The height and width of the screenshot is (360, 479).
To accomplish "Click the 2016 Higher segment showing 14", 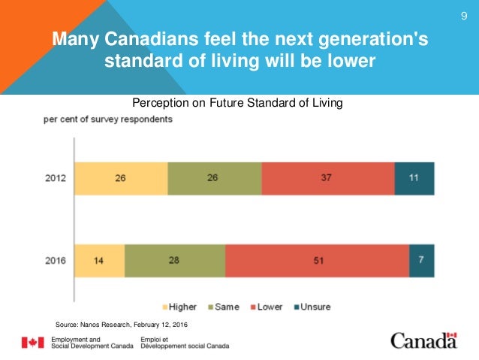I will click(x=99, y=262).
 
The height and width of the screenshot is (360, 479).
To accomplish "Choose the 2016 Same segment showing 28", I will click(x=175, y=262).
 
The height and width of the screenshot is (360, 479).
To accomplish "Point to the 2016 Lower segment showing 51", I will click(x=317, y=262).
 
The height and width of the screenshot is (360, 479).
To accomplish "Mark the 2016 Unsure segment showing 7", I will click(x=421, y=262).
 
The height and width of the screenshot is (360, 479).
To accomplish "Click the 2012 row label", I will click(x=56, y=180).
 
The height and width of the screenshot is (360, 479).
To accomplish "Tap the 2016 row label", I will click(x=56, y=262).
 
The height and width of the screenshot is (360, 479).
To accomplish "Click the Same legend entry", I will click(x=226, y=307).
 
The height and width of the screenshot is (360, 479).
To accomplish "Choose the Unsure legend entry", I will click(x=312, y=307).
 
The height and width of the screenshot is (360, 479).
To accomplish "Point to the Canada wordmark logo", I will click(x=423, y=340).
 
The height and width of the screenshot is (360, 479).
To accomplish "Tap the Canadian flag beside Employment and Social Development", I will click(x=32, y=343).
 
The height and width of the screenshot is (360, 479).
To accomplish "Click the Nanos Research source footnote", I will click(x=122, y=324).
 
